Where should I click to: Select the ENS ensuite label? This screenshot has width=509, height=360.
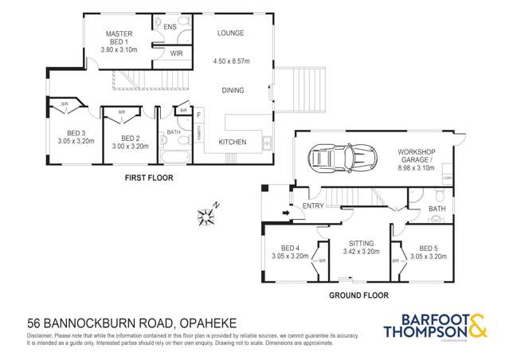pos(170,27)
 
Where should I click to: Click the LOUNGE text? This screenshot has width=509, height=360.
pos(229,33)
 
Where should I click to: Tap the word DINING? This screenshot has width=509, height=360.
pos(233,91)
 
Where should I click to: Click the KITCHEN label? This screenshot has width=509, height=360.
pos(233,143)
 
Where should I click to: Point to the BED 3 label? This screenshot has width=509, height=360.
pos(76,132)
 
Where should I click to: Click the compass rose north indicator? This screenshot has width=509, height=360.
pos(207,214)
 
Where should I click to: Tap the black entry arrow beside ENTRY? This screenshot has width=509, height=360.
pos(284,212)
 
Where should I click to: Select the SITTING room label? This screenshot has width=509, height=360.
pos(354,244)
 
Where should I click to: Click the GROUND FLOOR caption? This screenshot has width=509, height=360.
pos(359,295)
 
